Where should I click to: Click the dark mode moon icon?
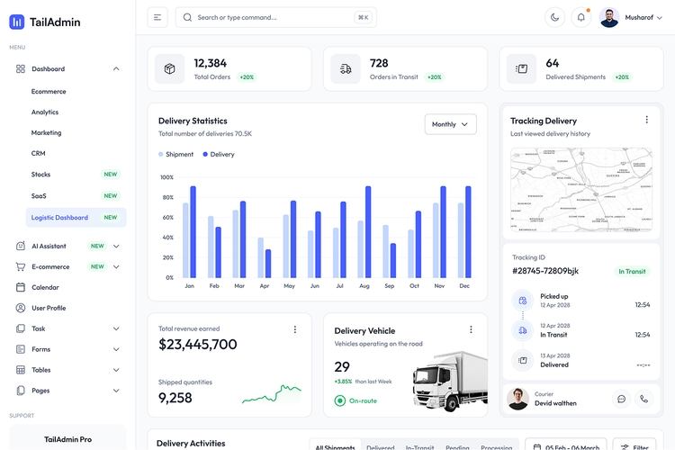[555, 17]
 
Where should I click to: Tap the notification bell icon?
[581, 17]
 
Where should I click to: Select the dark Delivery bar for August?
[368, 232]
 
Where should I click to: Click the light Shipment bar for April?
[261, 257]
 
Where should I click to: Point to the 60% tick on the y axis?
[167, 218]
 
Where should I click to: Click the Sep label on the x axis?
[389, 286]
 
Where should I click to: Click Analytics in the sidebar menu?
[45, 112]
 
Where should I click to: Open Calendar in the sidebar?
[45, 287]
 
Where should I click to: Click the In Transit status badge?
[631, 271]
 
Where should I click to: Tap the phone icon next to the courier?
[643, 399]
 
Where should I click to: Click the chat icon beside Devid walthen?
[621, 399]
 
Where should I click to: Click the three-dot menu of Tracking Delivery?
[646, 120]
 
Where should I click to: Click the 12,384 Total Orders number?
[210, 63]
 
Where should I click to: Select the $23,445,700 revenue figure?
[198, 344]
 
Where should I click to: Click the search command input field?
[270, 17]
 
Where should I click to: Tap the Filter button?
[634, 446]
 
